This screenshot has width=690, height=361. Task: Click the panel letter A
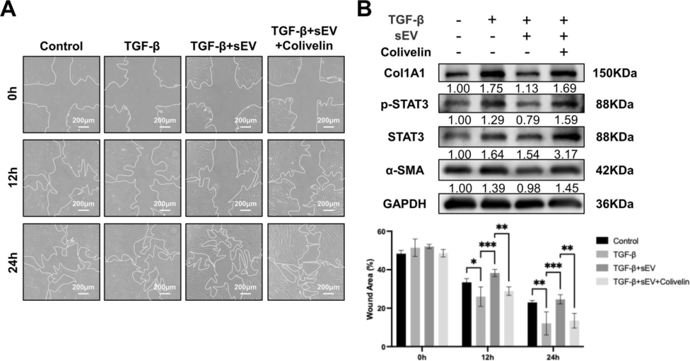click(11, 11)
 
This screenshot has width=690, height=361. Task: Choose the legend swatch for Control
click(601, 241)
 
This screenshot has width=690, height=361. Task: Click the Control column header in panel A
click(61, 46)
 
